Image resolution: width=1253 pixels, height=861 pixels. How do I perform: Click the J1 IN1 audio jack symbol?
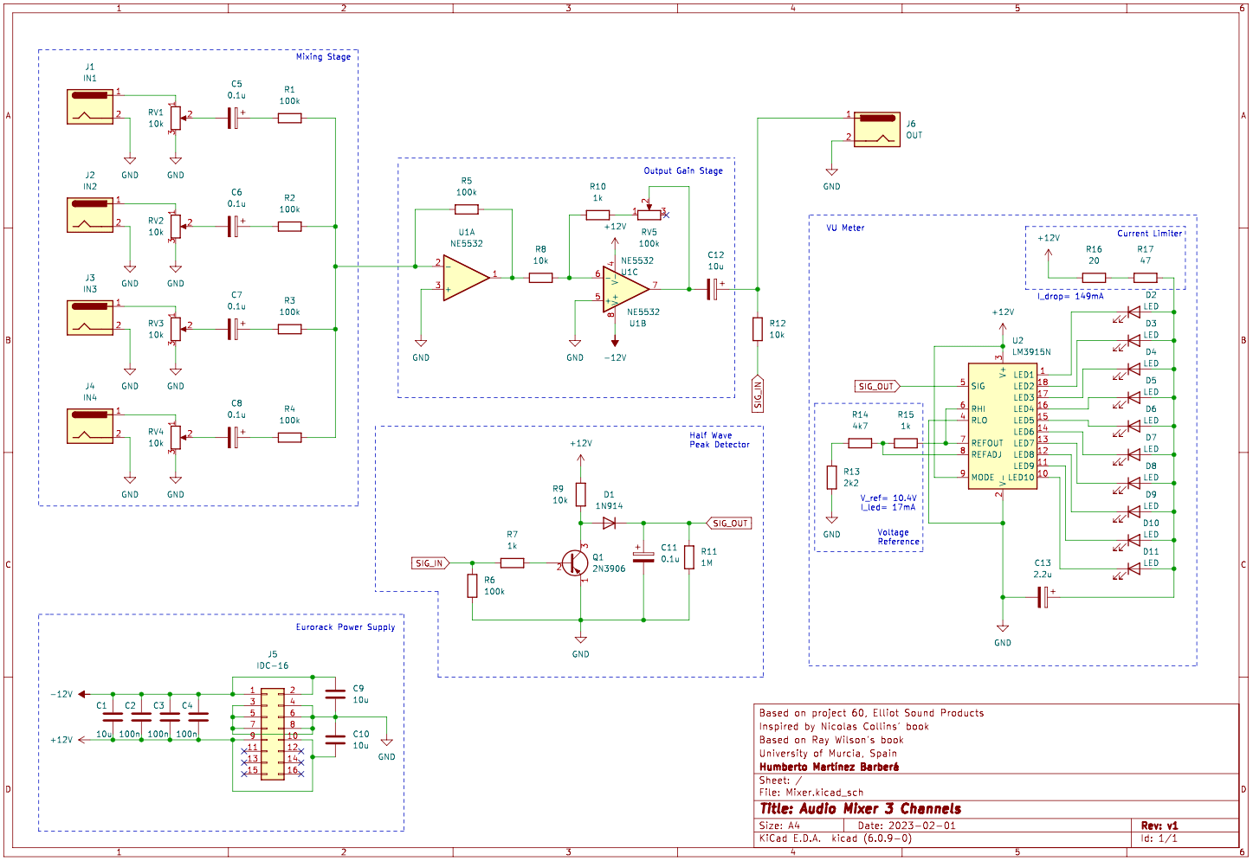(90, 106)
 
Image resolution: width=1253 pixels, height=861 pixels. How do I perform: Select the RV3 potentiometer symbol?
(176, 328)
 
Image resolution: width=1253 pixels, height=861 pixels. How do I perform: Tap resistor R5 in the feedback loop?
(466, 209)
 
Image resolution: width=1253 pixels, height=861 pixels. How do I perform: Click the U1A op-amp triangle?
(466, 278)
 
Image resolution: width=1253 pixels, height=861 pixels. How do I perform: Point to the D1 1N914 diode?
(610, 523)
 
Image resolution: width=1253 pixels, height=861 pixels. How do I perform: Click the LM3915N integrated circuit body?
(1002, 426)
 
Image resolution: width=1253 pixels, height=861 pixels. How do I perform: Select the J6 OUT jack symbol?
(876, 129)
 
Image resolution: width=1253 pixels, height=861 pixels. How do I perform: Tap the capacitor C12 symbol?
(713, 289)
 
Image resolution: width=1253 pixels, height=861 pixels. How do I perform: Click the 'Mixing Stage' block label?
(323, 57)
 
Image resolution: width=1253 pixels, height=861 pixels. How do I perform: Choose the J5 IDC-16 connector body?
(272, 734)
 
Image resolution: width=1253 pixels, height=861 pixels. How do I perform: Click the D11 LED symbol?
(1132, 569)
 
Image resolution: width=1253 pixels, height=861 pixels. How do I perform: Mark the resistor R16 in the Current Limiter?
(1094, 278)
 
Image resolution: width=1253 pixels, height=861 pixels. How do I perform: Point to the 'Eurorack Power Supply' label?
(345, 627)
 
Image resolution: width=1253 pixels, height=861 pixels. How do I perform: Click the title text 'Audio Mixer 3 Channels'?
(860, 809)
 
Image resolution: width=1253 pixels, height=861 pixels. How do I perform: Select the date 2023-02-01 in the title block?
(921, 826)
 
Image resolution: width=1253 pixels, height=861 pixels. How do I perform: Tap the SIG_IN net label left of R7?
(430, 563)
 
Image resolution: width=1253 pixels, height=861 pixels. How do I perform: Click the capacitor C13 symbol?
(1044, 597)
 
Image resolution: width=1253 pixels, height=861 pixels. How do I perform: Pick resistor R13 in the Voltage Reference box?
(831, 477)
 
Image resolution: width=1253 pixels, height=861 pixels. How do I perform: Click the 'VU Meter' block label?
(845, 228)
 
